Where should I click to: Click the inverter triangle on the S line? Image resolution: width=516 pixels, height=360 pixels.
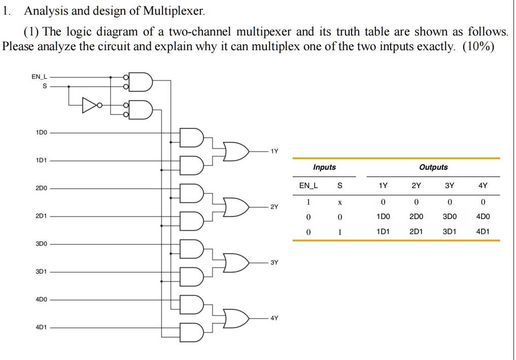coord(90,105)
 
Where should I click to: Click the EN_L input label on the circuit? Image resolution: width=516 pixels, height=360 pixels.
coord(39,77)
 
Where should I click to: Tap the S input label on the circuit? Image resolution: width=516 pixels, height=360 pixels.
coord(44,86)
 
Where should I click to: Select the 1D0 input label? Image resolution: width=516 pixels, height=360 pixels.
coord(41,132)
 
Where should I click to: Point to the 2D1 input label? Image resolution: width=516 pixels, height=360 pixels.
coord(41,216)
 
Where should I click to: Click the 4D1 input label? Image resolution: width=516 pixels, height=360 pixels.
coord(41,327)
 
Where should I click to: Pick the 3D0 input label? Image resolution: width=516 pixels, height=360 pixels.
coord(41,244)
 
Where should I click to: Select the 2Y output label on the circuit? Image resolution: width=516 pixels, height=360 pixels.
coord(274,207)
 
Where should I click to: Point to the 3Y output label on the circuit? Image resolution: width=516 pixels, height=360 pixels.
coord(274,263)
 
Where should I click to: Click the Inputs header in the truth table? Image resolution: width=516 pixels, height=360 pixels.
coord(324,167)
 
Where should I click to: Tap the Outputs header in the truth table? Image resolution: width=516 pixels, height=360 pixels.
coord(433,167)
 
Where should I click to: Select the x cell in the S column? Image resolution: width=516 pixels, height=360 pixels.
coord(340,202)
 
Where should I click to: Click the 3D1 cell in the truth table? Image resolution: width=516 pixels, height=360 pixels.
coord(449,231)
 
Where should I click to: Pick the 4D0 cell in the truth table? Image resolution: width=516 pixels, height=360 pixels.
coord(483,217)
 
